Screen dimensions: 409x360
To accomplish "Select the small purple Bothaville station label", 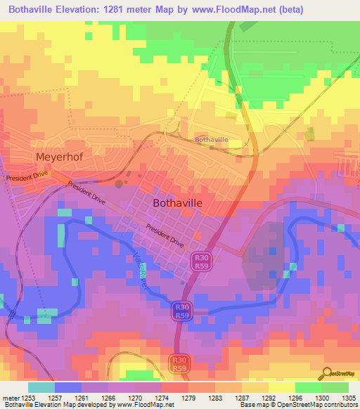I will tap(212, 140).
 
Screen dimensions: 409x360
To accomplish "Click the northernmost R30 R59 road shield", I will tap(203, 261).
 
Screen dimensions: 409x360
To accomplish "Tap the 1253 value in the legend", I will tap(28, 397).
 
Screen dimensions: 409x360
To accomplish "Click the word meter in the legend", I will tap(9, 397).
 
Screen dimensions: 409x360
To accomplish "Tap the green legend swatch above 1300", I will tap(309, 387).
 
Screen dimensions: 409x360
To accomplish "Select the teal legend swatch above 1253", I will tap(41, 387).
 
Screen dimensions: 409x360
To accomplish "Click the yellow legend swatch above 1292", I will tap(282, 387).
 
